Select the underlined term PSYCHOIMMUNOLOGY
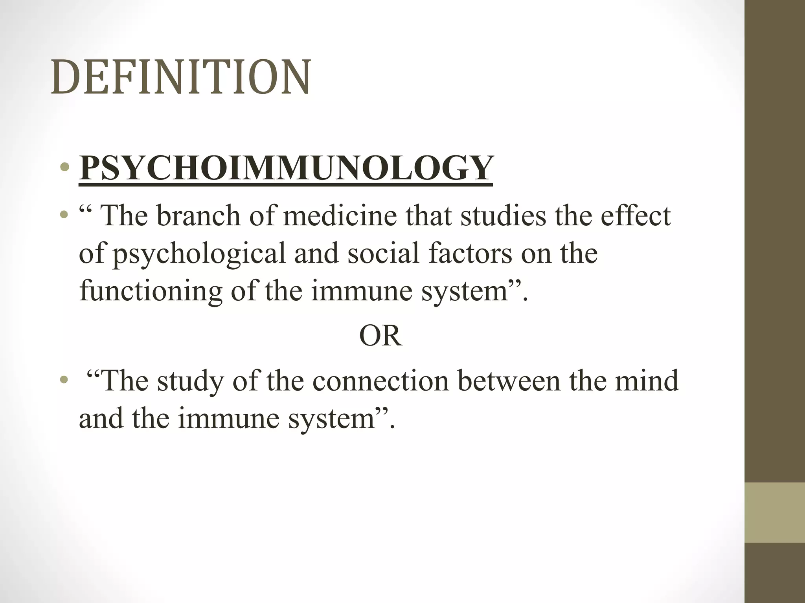tap(286, 168)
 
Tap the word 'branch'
tap(198, 216)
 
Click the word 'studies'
tap(503, 216)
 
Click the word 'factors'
tap(470, 253)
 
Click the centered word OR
tap(380, 336)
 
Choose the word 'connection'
tap(380, 381)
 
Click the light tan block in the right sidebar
tap(774, 512)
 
